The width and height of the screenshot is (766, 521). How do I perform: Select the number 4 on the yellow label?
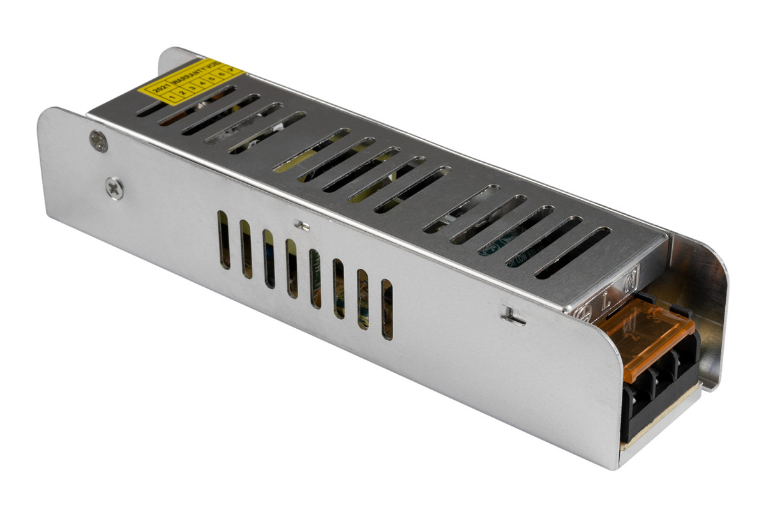tap(201, 83)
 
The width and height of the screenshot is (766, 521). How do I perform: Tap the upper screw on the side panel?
tap(99, 140)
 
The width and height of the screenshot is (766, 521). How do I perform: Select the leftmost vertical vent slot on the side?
tap(223, 239)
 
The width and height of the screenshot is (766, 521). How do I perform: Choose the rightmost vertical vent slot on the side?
tap(387, 310)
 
